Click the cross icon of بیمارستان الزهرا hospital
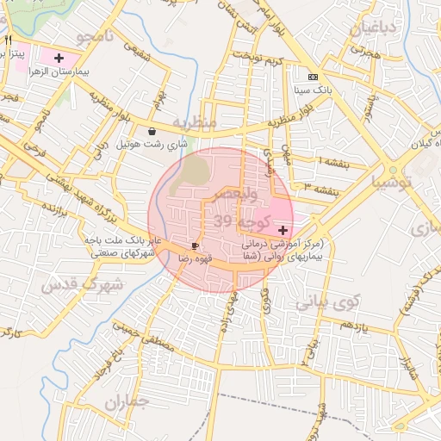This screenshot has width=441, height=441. [x=58, y=59]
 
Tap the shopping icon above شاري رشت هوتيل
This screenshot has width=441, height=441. [x=152, y=132]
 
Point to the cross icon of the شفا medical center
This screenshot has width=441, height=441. [x=283, y=230]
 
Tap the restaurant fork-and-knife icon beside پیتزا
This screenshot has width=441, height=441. [x=8, y=40]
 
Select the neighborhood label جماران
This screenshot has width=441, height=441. [x=127, y=403]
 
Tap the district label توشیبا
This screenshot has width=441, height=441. [x=393, y=183]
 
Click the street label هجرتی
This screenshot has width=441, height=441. [x=363, y=51]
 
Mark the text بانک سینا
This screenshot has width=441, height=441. [x=312, y=89]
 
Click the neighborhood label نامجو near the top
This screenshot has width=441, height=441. [x=95, y=37]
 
